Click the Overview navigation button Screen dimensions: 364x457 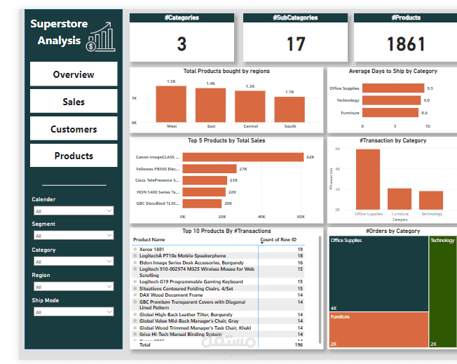[x=74, y=74]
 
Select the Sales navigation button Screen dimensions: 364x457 [x=74, y=102]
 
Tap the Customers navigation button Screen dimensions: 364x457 [x=74, y=129]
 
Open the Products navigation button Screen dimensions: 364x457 [x=74, y=156]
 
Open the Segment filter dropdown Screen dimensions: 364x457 [x=73, y=236]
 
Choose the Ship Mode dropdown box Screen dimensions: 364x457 [x=73, y=312]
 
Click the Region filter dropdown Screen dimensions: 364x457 [x=73, y=287]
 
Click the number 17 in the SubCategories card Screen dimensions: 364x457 [x=296, y=44]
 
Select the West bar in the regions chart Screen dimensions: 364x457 [x=171, y=104]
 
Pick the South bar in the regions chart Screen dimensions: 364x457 [x=289, y=109]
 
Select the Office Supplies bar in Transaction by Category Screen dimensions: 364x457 [x=368, y=179]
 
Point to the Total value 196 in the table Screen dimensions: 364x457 [x=299, y=345]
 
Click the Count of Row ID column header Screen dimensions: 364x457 [x=278, y=240]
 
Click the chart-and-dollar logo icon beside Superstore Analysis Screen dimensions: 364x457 [x=101, y=37]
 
